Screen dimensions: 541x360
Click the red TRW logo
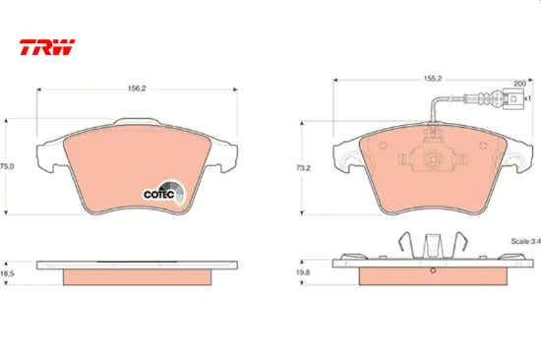pos(47,47)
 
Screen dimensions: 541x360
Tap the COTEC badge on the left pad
pos(164,193)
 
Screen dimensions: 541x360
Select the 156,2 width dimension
pos(137,89)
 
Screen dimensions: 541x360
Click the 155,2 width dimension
pos(433,79)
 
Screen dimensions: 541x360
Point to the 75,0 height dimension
pos(7,166)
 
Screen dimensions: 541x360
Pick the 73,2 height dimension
pos(303,168)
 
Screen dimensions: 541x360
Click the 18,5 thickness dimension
pos(7,273)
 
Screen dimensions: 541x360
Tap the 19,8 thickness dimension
pos(303,272)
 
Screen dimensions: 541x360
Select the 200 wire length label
pos(519,84)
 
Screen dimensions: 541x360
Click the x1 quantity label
pos(527,98)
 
